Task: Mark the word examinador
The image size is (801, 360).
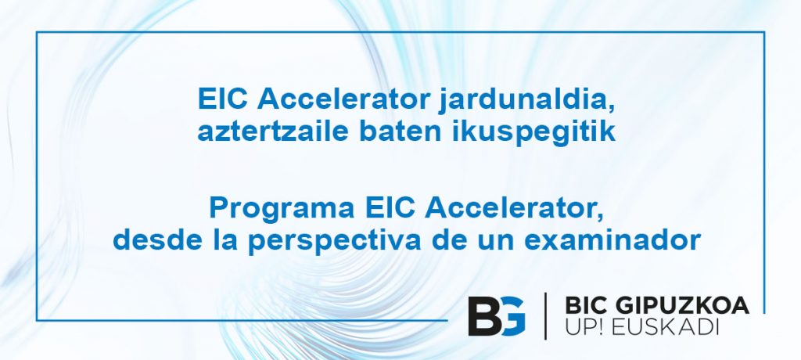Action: point(612,239)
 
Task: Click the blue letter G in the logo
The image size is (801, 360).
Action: point(512,316)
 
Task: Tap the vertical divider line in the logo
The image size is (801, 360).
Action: point(545,316)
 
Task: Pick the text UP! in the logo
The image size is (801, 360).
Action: point(584,328)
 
